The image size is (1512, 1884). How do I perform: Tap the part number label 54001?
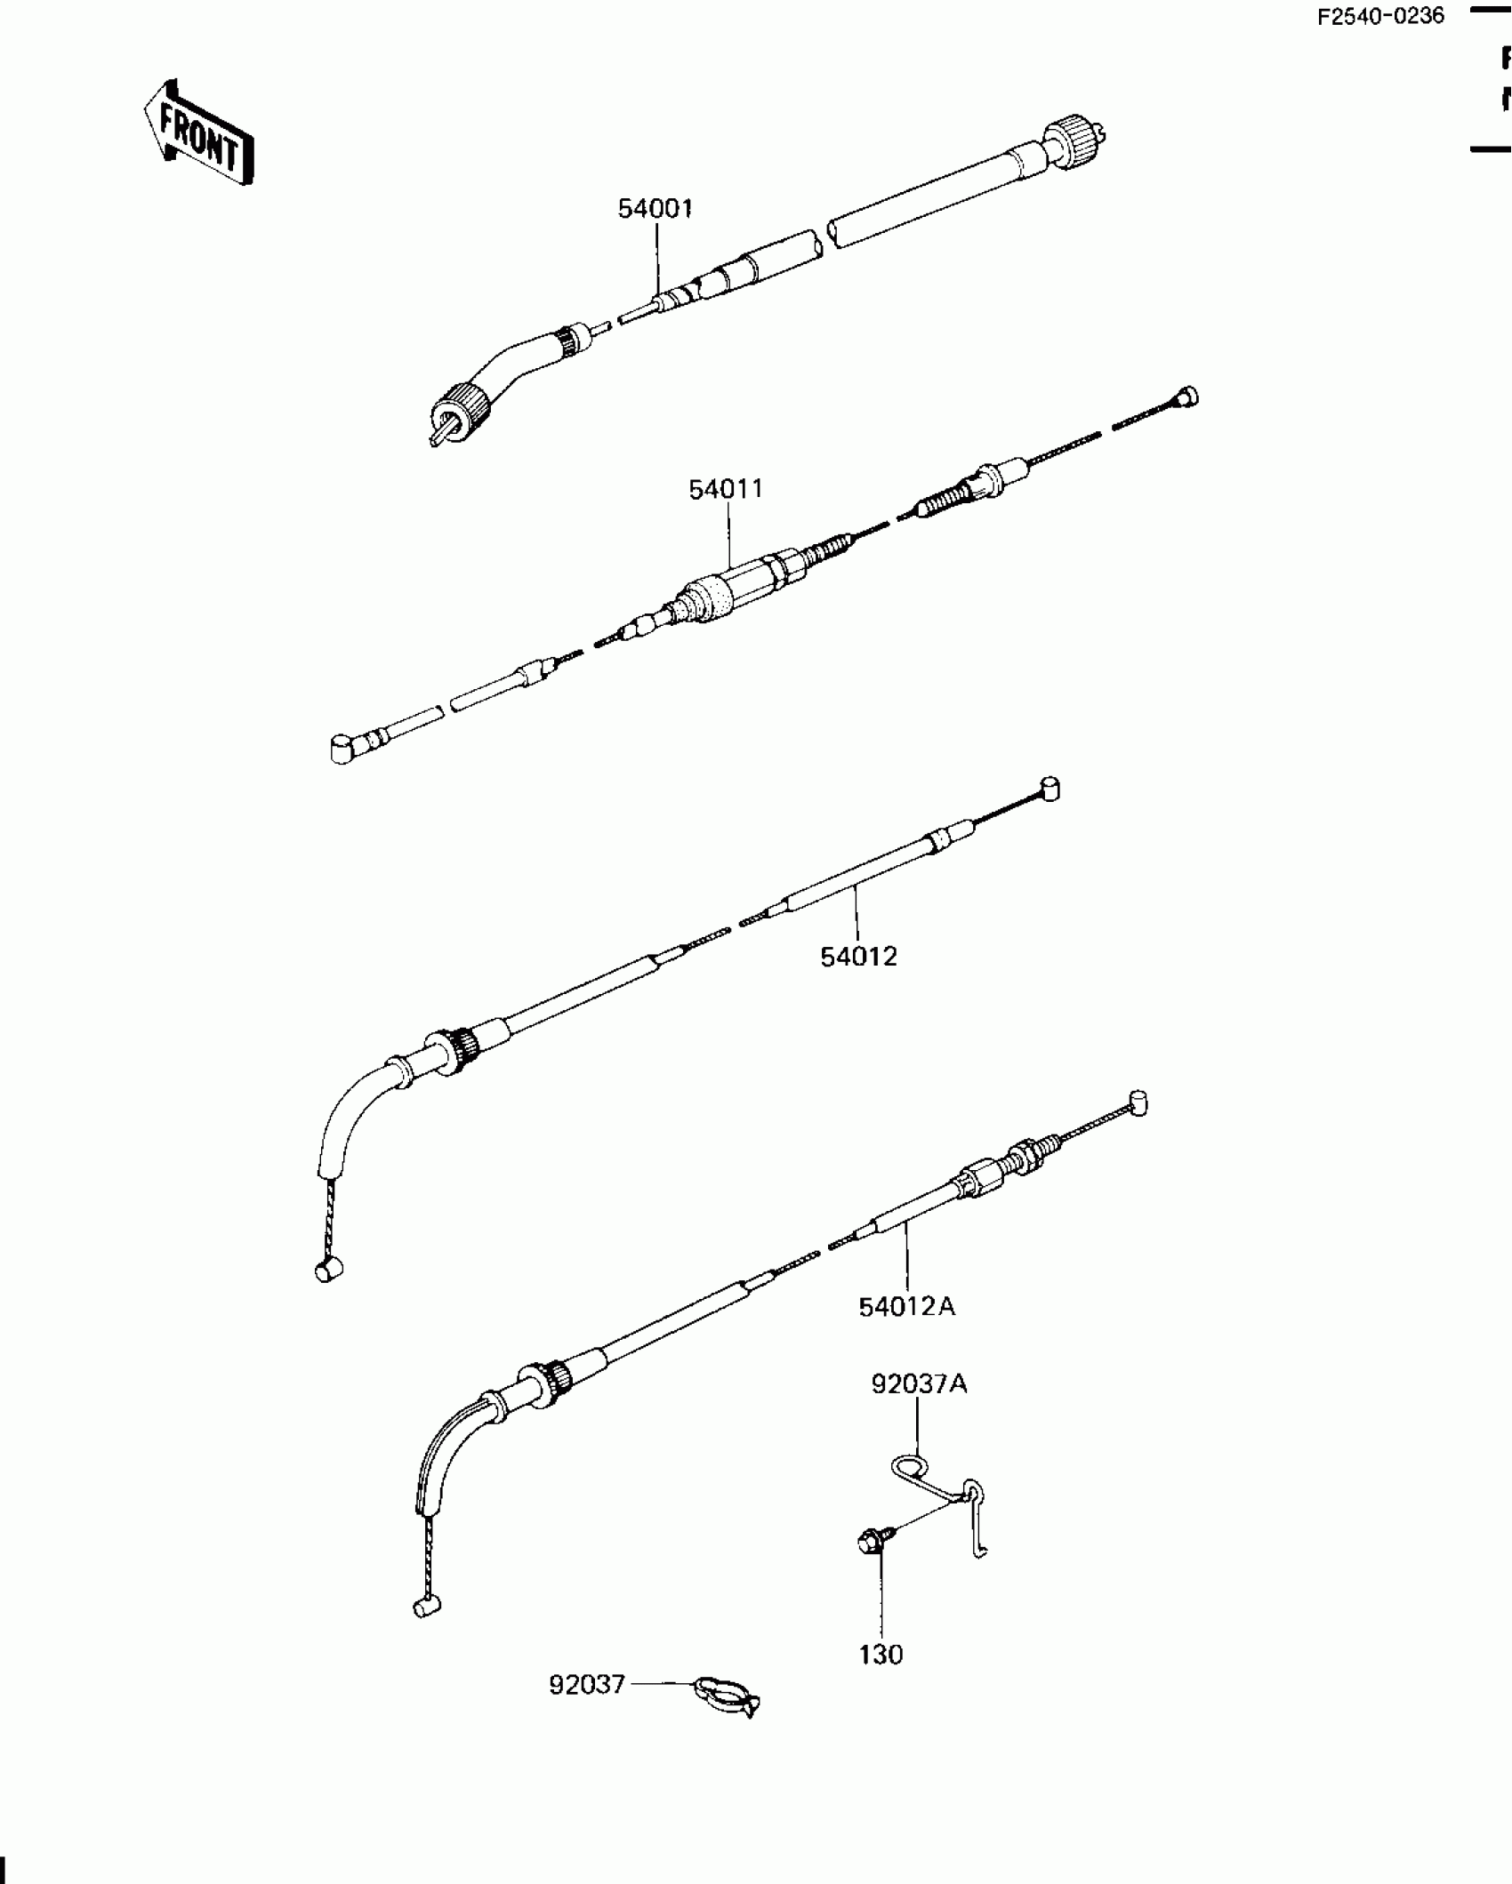(x=655, y=209)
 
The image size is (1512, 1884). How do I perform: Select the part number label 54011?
(x=726, y=490)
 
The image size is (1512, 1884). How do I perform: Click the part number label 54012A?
(x=906, y=1307)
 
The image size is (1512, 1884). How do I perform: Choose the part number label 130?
(x=881, y=1655)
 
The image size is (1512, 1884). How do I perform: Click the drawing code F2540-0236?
(x=1380, y=16)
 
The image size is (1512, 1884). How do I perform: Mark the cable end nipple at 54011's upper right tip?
(x=1186, y=397)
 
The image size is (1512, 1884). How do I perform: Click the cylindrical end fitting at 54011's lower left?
(x=342, y=748)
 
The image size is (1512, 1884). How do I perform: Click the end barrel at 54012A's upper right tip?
(x=1137, y=1103)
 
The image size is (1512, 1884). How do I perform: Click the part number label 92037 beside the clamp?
(x=587, y=1685)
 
